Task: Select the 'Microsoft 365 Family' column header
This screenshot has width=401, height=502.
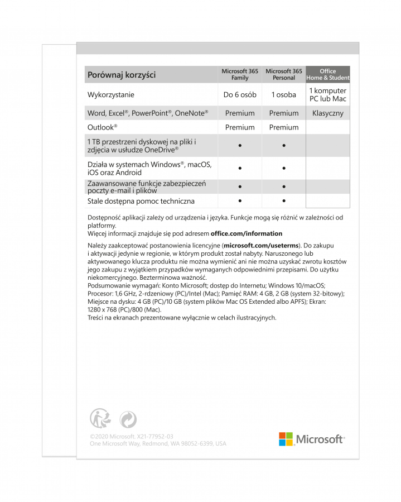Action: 240,75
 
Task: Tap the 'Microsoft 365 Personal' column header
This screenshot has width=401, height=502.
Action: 284,75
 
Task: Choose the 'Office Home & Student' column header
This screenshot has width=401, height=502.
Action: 328,75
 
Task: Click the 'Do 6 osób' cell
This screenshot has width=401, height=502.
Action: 240,95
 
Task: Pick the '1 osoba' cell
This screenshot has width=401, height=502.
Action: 284,95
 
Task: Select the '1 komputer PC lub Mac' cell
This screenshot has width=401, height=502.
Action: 328,95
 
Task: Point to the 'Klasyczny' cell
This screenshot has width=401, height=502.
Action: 328,113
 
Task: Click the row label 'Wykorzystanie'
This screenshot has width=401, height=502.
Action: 111,95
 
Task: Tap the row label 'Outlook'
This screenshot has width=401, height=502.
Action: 102,127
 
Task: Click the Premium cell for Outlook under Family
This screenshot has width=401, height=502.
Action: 240,127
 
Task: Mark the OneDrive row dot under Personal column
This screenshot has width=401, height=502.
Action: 284,146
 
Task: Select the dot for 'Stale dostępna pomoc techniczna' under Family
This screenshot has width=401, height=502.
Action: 240,200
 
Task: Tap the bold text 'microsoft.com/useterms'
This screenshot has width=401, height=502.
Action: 261,246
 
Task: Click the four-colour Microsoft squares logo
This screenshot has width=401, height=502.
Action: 286,439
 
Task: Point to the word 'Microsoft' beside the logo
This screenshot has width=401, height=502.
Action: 320,439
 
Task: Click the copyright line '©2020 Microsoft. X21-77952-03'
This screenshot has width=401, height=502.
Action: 131,436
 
